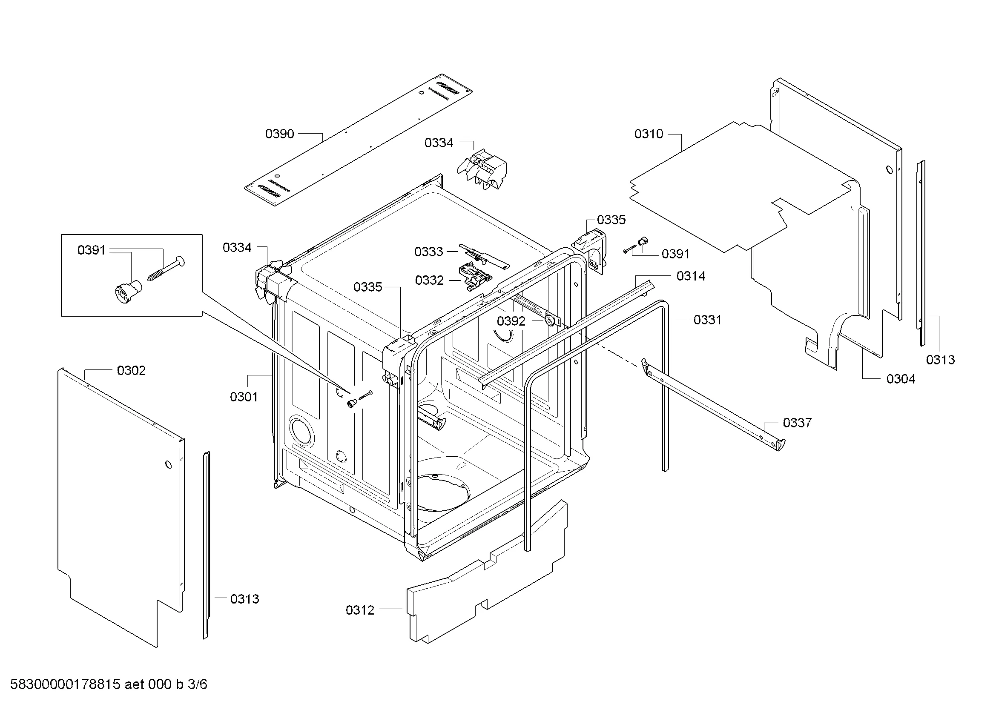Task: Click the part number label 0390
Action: click(279, 134)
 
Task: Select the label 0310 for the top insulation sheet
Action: click(649, 134)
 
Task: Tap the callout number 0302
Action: click(131, 370)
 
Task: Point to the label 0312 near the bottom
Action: click(360, 610)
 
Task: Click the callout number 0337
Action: click(797, 423)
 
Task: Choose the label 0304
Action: click(901, 379)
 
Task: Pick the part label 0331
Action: click(708, 320)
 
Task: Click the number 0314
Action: click(691, 276)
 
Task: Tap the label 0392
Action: click(511, 321)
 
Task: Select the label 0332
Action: click(429, 280)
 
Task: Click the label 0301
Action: click(244, 397)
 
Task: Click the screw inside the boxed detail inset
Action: click(166, 268)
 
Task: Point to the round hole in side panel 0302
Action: click(168, 465)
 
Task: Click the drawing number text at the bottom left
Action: click(109, 684)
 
